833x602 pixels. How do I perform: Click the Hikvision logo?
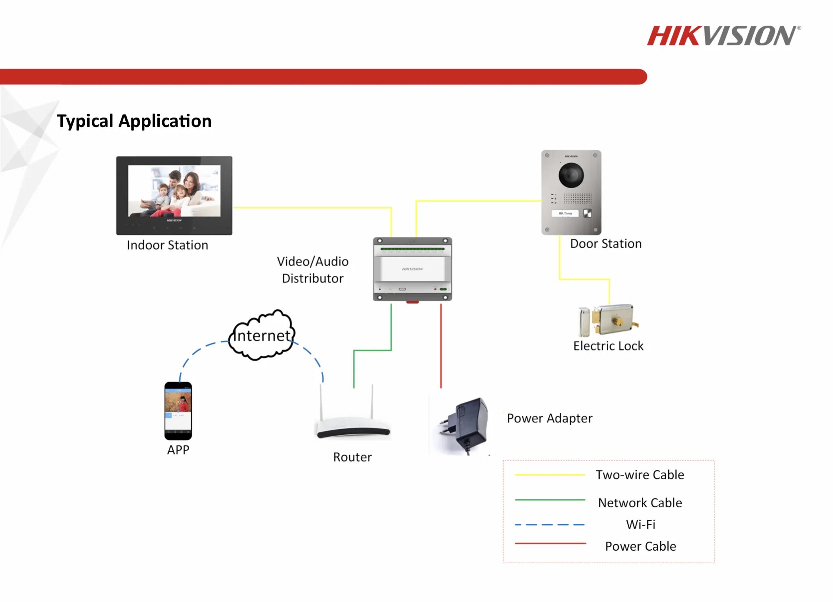723,36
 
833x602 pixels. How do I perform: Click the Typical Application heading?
134,121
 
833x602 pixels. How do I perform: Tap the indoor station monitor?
174,195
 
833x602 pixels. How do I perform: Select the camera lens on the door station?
571,175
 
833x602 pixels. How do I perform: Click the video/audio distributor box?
412,269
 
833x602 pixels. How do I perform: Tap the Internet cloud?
262,335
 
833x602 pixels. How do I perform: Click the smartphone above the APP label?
178,411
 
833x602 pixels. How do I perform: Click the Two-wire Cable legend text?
639,475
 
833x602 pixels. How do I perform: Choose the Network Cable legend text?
639,503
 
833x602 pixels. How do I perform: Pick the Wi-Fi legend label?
640,524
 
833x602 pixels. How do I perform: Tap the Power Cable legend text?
640,546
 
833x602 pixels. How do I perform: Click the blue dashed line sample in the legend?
550,525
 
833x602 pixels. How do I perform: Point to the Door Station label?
606,243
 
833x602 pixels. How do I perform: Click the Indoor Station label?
167,245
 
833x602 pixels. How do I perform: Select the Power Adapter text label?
549,418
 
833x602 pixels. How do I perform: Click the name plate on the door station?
565,213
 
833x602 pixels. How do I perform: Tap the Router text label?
352,457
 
